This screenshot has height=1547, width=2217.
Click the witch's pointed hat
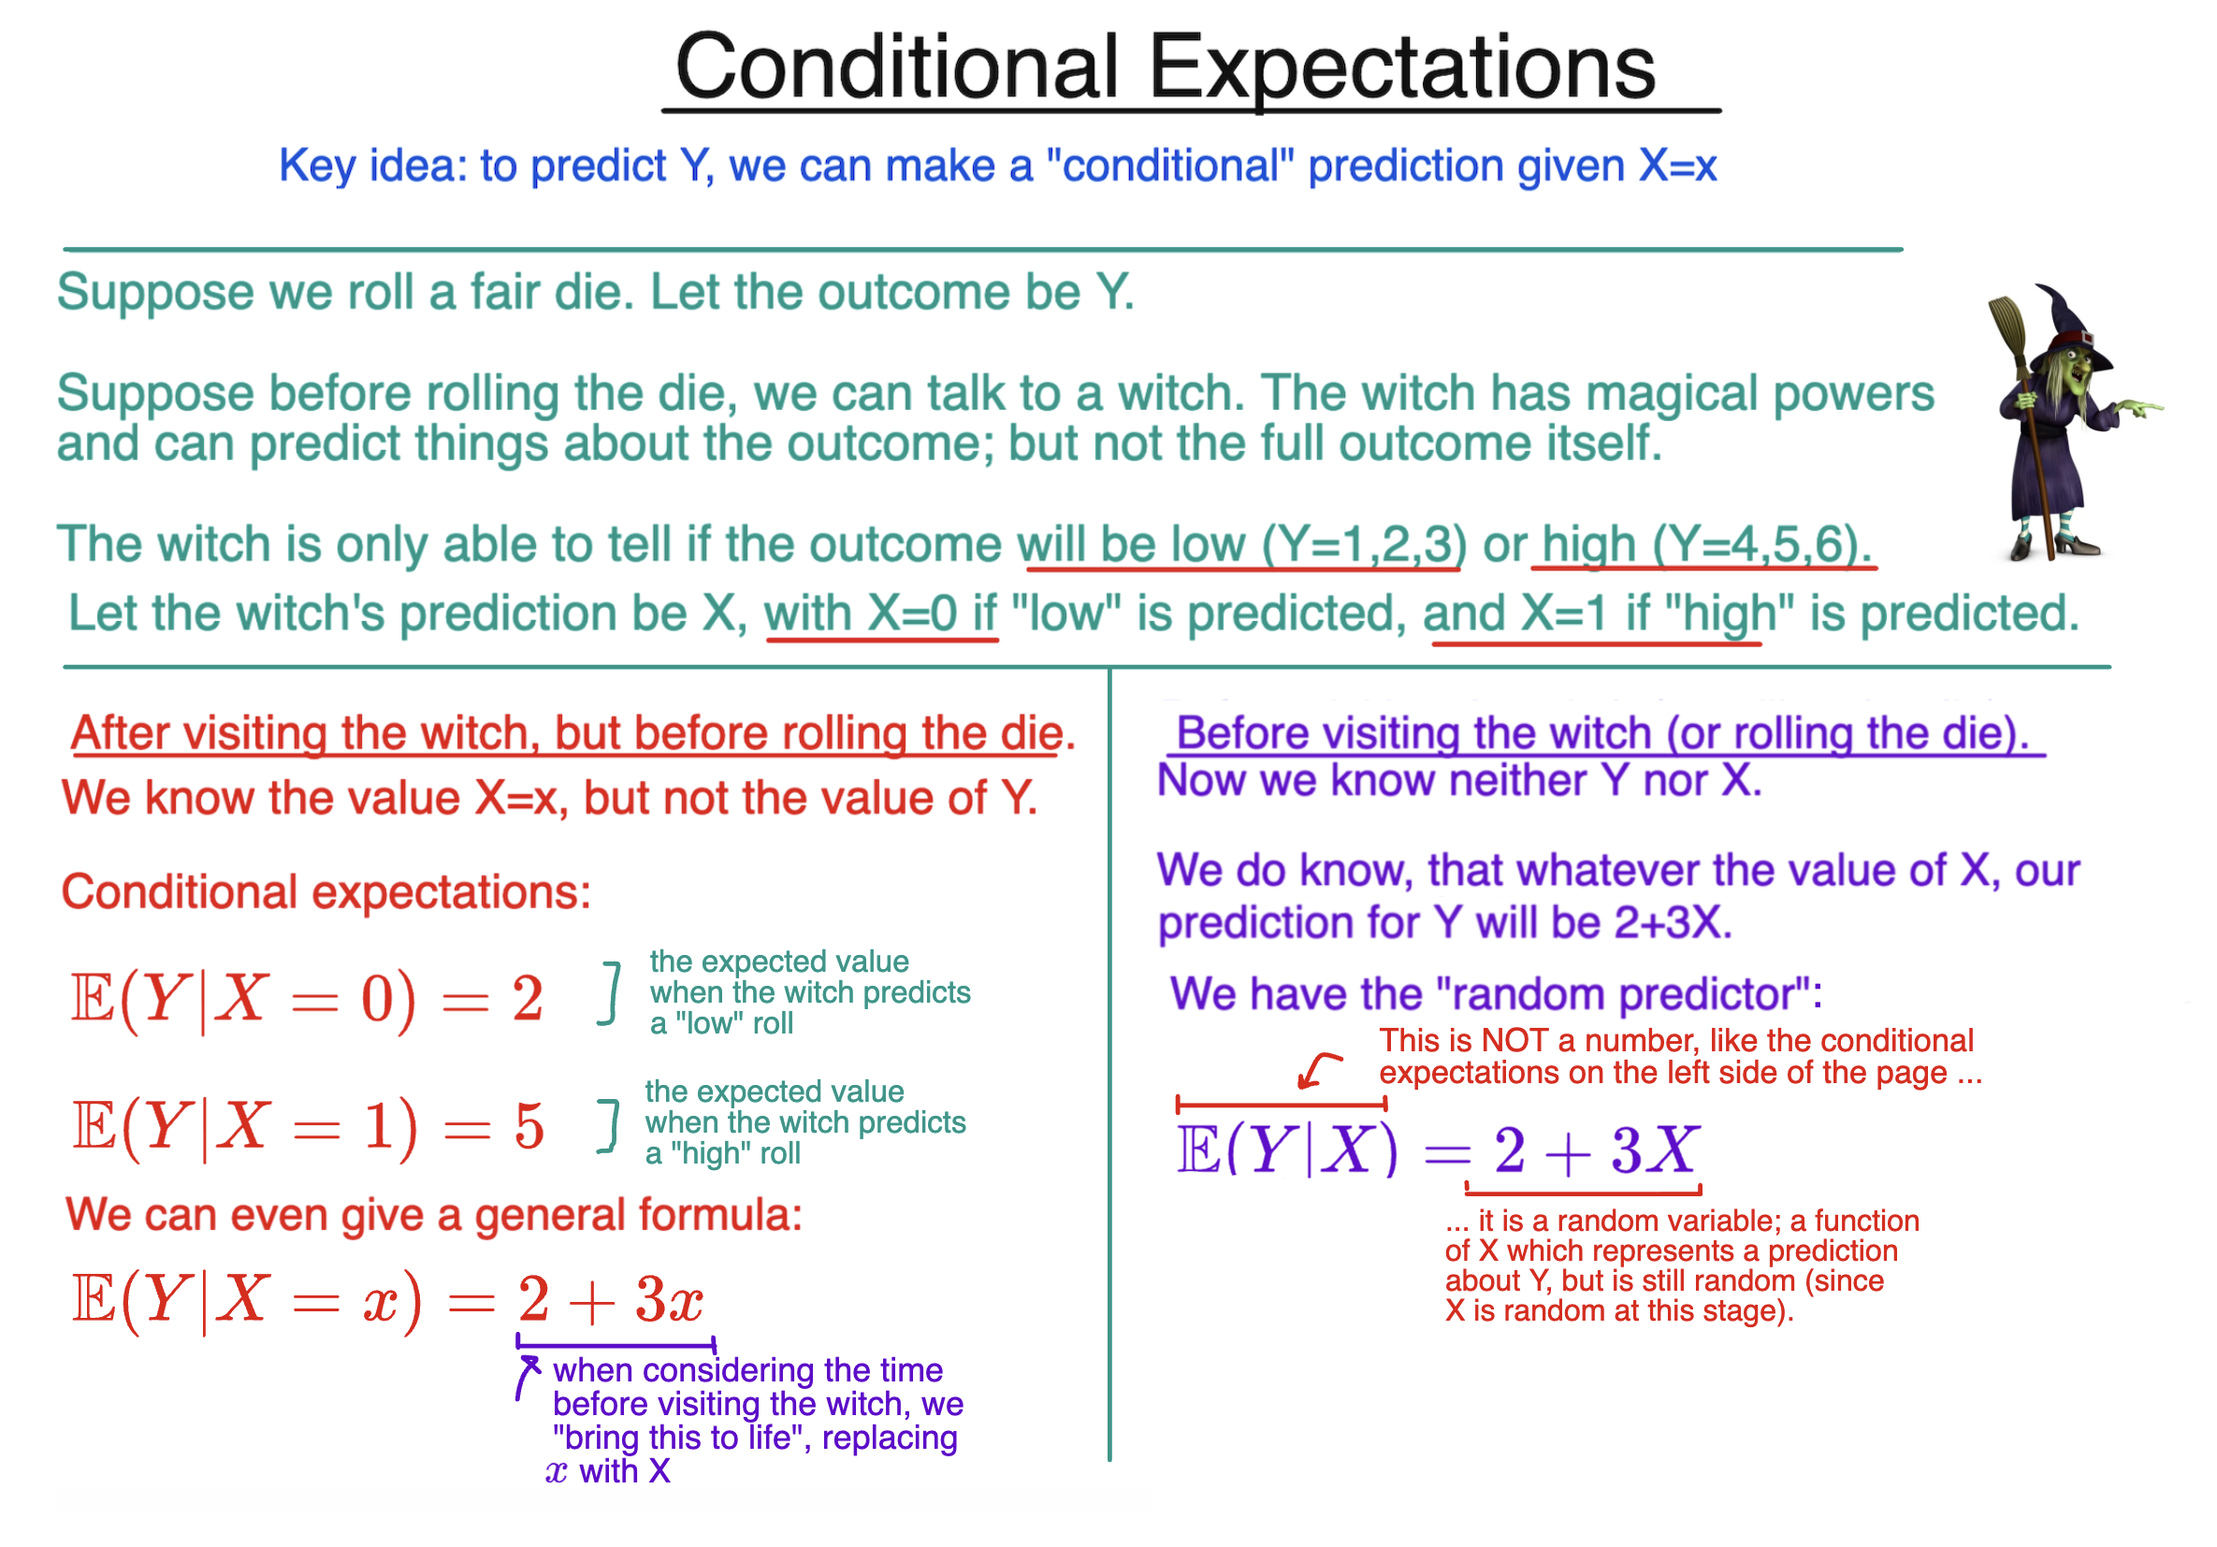[2066, 319]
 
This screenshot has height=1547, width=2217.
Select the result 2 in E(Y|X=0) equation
[528, 999]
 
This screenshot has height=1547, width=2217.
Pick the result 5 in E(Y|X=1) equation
[529, 1127]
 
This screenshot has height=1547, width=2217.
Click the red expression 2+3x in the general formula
[610, 1300]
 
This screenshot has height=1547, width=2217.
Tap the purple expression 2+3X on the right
[1595, 1151]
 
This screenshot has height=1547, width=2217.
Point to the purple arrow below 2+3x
[528, 1376]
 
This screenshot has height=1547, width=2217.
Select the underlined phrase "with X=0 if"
[879, 614]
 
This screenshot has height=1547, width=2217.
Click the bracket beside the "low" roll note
[610, 992]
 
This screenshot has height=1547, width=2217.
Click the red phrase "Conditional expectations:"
[326, 892]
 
